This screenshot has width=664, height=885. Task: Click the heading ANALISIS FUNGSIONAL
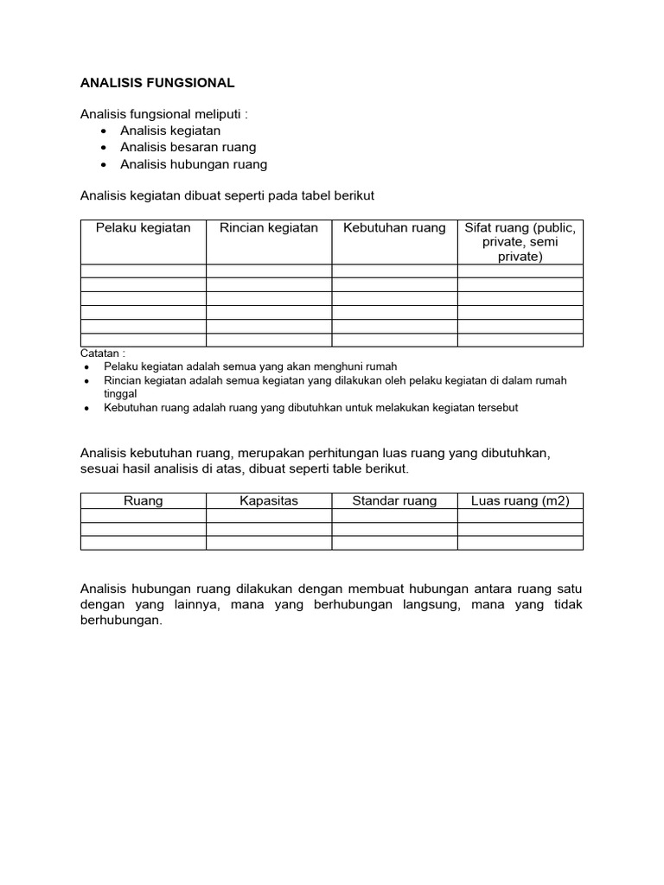157,83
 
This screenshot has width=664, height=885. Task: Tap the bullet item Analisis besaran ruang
188,147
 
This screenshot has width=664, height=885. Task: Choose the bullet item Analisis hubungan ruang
194,164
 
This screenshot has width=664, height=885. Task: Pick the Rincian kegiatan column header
269,228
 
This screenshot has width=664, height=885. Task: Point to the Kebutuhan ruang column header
394,228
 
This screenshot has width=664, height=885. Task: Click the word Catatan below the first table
100,353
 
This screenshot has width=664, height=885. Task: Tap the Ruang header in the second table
144,500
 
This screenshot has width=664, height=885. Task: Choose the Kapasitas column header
269,500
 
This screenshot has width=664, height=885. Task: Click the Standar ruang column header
394,500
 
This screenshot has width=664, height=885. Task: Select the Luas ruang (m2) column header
520,500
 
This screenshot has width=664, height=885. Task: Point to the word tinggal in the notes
121,393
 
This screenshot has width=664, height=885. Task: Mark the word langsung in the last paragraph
421,605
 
